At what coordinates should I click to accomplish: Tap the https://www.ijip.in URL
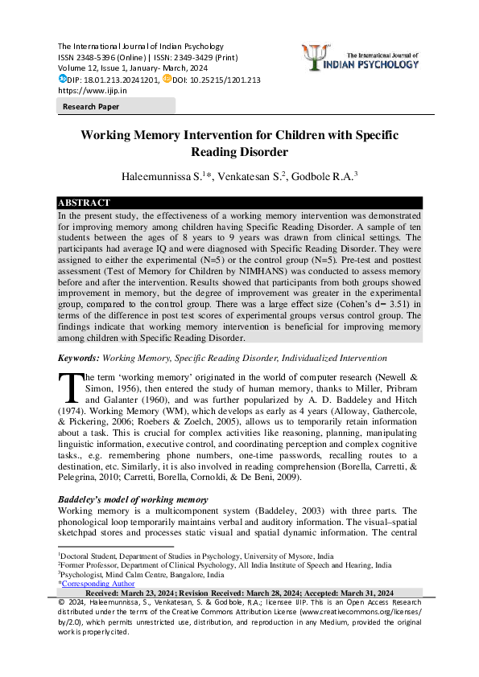click(x=89, y=91)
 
